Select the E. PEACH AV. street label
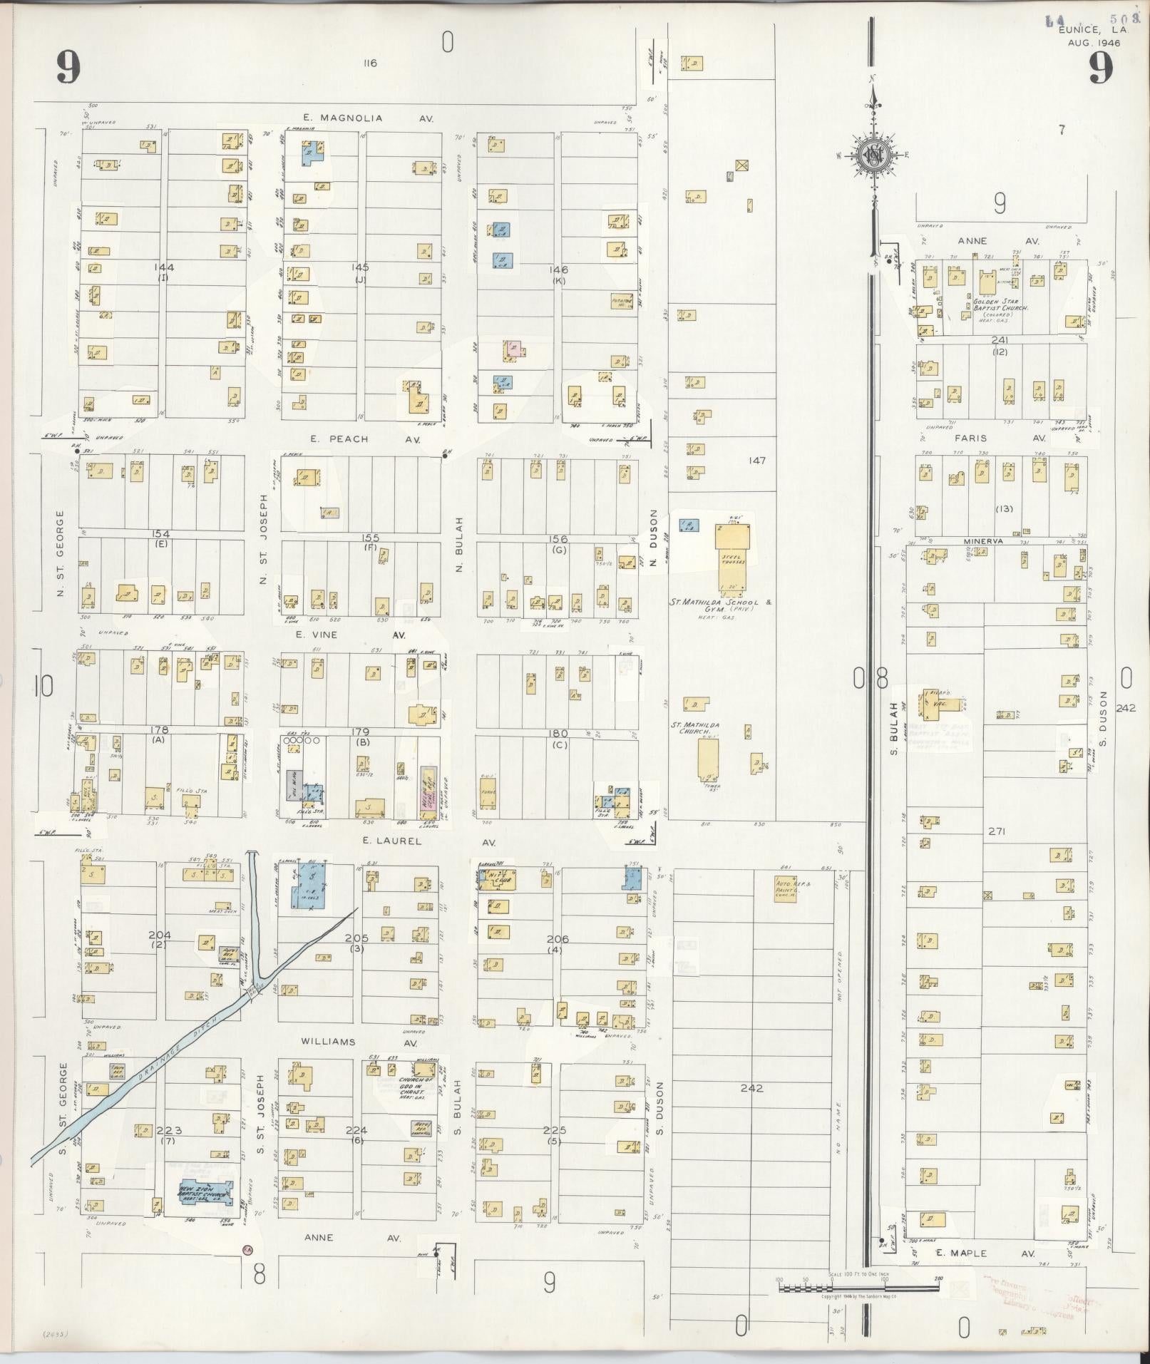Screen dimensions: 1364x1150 pos(368,439)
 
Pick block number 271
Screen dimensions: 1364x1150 pos(997,831)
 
